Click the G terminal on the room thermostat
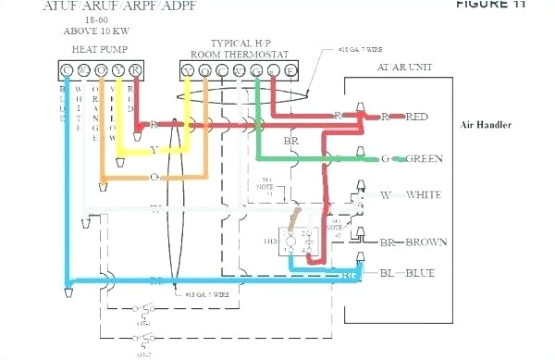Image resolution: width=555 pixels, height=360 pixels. click(256, 69)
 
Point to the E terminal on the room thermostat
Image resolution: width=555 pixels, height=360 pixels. click(290, 69)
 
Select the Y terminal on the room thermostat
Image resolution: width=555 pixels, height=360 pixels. click(189, 69)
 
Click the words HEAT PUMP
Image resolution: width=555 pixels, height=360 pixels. click(101, 47)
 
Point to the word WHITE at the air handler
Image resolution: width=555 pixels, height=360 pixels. click(423, 194)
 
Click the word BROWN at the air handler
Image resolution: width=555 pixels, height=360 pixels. click(426, 242)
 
